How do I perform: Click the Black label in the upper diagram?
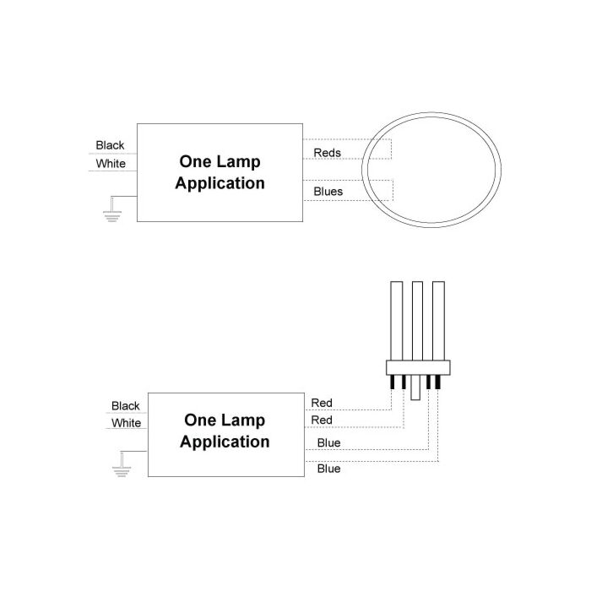click(110, 145)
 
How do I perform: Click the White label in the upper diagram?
click(111, 164)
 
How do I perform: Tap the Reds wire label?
click(328, 153)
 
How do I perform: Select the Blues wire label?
click(328, 192)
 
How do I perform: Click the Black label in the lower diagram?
click(126, 406)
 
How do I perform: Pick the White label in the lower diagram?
click(127, 423)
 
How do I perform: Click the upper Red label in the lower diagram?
click(322, 403)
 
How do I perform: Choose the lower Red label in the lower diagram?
click(322, 420)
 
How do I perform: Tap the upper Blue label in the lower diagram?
click(328, 442)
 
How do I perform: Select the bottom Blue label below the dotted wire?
click(328, 469)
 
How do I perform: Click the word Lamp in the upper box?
click(240, 162)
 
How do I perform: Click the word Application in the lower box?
click(225, 442)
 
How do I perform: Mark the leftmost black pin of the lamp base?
click(392, 382)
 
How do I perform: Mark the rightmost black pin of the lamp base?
click(437, 382)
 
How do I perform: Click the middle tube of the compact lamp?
click(417, 321)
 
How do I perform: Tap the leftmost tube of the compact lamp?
click(397, 321)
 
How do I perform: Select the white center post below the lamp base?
click(415, 388)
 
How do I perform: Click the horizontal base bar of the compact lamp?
click(418, 367)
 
